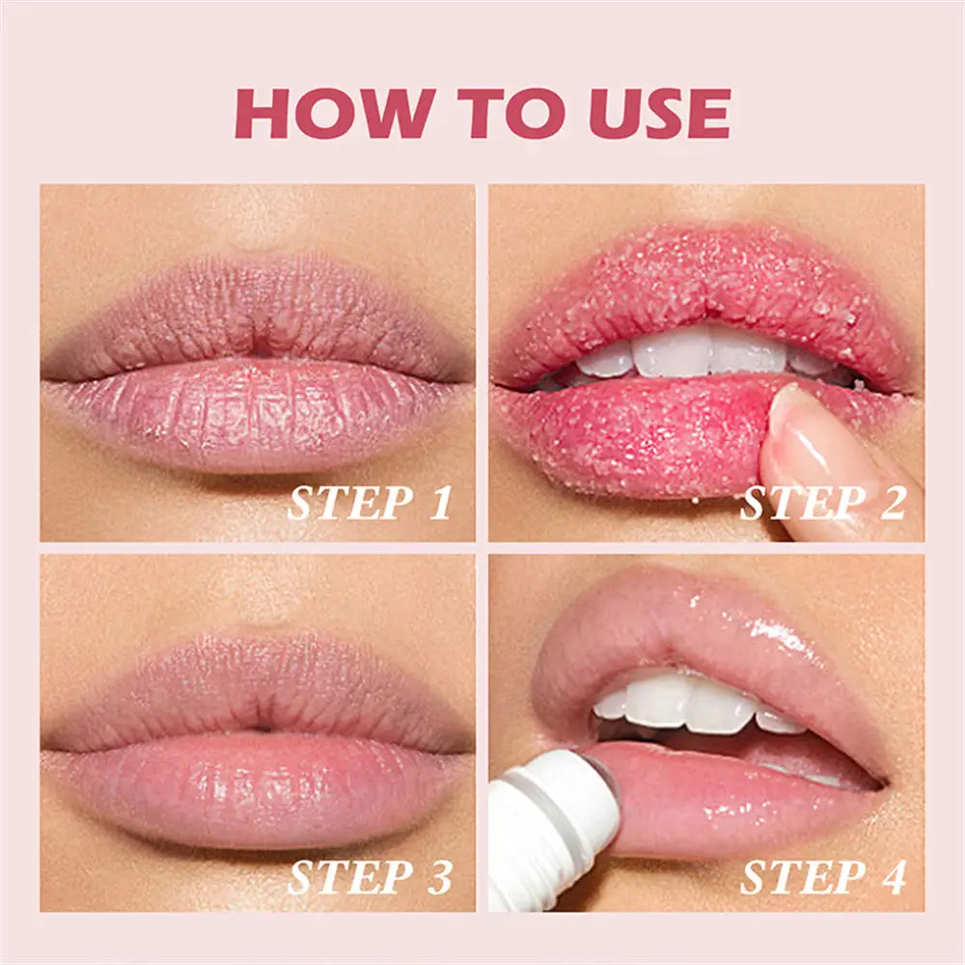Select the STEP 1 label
pyautogui.click(x=370, y=505)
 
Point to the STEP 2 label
pyautogui.click(x=822, y=505)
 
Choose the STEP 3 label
pyautogui.click(x=370, y=877)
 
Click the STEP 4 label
pyautogui.click(x=822, y=877)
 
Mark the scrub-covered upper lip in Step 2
pyautogui.click(x=695, y=280)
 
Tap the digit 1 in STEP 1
pyautogui.click(x=440, y=505)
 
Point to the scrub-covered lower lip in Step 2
pyautogui.click(x=637, y=439)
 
